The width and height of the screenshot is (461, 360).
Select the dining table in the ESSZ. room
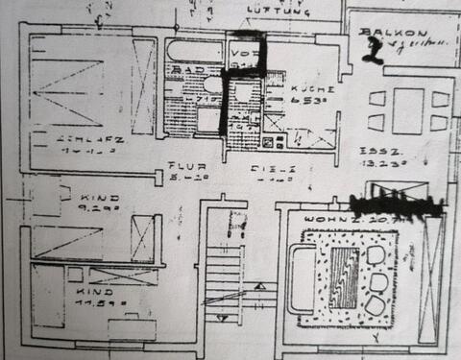(410, 108)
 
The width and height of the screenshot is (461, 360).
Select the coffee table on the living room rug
(343, 277)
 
